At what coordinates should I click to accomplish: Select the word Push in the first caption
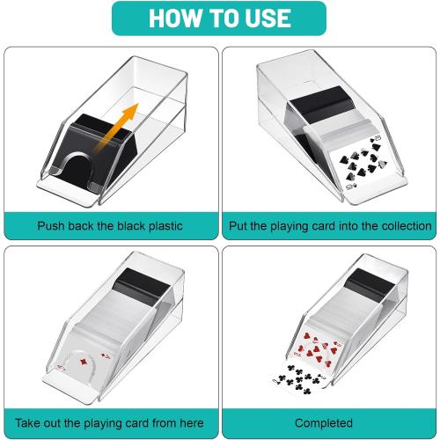point(52,226)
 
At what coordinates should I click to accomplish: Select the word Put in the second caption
point(238,226)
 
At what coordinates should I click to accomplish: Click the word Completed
point(329,423)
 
